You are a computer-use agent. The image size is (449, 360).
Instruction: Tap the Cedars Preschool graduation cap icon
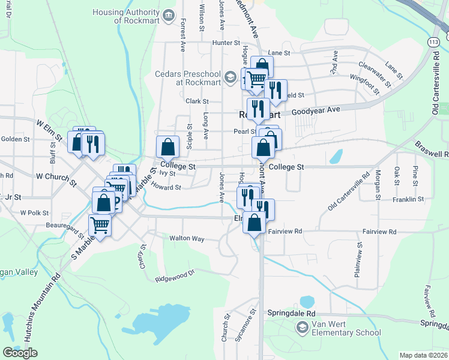point(230,77)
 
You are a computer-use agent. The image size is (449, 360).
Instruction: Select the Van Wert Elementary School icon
point(303,328)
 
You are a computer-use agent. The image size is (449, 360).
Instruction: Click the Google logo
point(20,353)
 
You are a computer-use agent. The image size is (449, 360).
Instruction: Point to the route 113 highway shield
point(433,42)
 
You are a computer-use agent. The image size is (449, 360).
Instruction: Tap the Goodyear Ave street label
point(316,110)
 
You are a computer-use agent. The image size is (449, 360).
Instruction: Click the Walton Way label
point(187,239)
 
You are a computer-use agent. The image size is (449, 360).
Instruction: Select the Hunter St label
point(226,43)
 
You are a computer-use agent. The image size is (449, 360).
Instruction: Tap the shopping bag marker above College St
point(168,146)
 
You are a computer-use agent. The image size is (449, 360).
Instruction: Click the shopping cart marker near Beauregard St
point(100,226)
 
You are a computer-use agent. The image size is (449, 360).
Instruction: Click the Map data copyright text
point(423,355)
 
